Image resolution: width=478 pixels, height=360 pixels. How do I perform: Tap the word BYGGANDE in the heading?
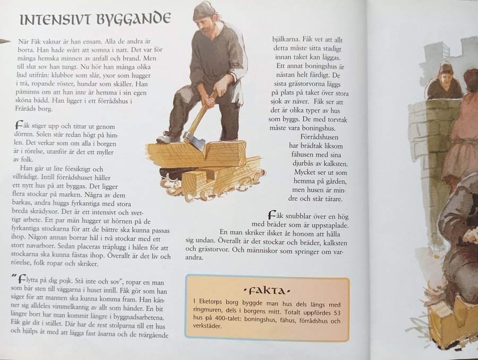point(133,19)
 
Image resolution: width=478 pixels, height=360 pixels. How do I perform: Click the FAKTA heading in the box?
point(267,291)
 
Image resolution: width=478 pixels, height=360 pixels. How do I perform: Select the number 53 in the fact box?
point(336,313)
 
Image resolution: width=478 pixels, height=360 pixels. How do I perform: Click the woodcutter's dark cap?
point(204,11)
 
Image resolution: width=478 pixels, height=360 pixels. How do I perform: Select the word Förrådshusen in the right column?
point(319,137)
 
